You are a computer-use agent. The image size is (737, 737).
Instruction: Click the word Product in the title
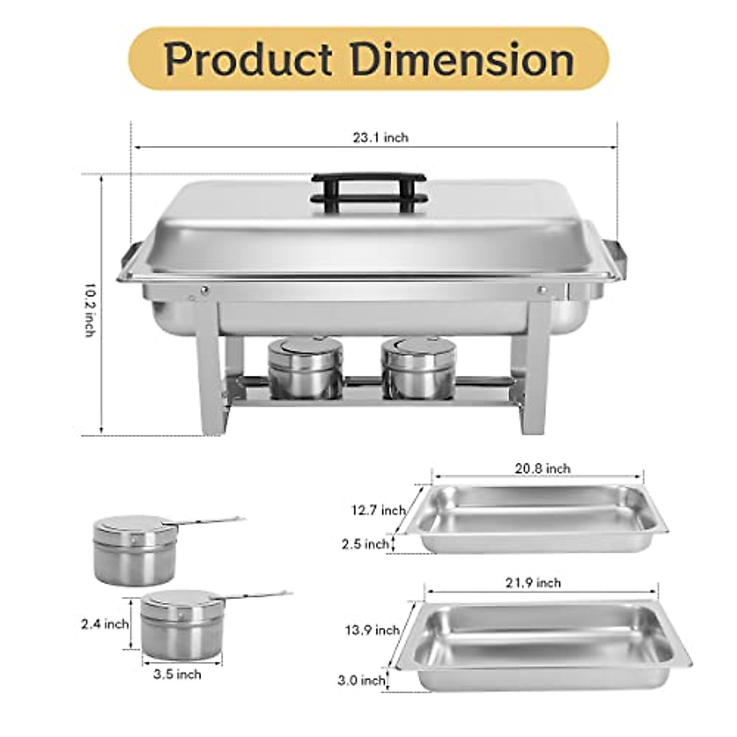coord(248,60)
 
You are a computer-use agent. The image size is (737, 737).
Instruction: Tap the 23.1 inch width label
coord(380,138)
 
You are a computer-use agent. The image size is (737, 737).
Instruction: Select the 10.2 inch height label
coord(90,310)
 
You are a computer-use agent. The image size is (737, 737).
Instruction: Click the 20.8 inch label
coord(542,469)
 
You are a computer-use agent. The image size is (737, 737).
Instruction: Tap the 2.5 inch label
coord(365,544)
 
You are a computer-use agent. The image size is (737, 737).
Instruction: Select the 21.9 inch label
coord(533,583)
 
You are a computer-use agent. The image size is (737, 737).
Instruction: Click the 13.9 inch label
coord(372,630)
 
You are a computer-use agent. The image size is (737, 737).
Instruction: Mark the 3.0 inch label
coord(361,680)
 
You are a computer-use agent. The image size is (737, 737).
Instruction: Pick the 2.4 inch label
coord(105,624)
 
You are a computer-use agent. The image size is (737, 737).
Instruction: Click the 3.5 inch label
coord(177,674)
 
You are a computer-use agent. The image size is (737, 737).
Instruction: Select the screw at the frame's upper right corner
coord(542,289)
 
